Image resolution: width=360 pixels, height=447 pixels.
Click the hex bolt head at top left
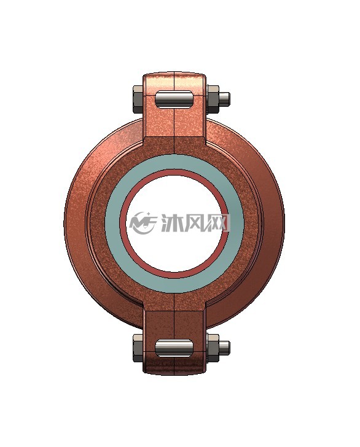coord(138,99)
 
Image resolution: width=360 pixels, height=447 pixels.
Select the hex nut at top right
coord(213,99)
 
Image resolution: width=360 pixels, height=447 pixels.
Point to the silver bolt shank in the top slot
coord(174,99)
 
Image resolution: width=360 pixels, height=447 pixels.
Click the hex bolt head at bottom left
coord(138,348)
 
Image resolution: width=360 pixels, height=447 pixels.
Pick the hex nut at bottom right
coord(213,348)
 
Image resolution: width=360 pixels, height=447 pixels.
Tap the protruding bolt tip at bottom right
coord(224,348)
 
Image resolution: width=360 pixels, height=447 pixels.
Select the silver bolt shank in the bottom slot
coord(174,348)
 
